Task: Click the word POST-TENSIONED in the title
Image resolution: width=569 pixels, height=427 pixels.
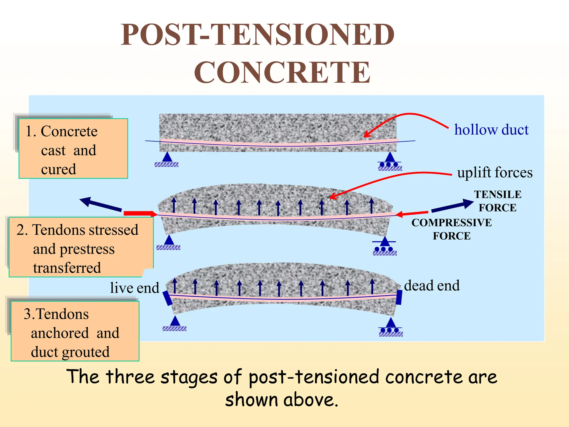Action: click(257, 34)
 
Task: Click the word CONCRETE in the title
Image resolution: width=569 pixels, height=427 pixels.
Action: click(282, 72)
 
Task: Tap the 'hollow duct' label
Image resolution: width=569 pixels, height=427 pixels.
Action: click(491, 130)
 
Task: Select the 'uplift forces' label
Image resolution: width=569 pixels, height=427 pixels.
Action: click(495, 172)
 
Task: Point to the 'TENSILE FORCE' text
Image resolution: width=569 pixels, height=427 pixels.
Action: click(498, 201)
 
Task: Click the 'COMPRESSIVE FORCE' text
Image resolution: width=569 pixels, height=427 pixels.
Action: click(451, 229)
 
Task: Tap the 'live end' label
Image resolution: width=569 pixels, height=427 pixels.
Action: click(134, 288)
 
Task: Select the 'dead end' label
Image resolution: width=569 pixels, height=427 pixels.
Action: click(432, 286)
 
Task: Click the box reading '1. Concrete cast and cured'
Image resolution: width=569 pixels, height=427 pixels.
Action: click(73, 149)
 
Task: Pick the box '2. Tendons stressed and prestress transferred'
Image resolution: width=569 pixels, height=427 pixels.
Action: click(81, 247)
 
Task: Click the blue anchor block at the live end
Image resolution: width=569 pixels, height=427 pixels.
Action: click(168, 298)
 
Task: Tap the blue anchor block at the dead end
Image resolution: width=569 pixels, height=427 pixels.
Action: click(399, 297)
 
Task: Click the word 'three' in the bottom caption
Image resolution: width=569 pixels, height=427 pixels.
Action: click(130, 377)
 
